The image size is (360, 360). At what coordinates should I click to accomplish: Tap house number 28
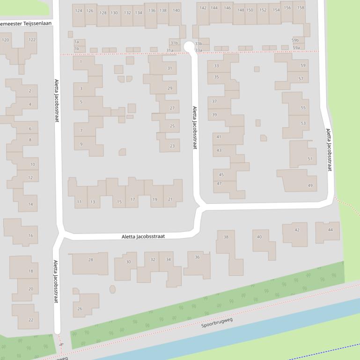point(90,260)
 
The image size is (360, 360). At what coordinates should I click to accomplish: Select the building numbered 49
point(310,186)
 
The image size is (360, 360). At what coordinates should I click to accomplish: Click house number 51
point(309,159)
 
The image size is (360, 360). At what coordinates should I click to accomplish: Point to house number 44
point(331,230)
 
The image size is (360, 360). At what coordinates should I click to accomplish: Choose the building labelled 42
point(297,230)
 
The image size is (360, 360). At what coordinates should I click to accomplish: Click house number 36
point(197,257)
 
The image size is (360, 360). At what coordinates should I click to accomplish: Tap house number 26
point(80,309)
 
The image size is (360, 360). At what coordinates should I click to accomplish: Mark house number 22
point(31,320)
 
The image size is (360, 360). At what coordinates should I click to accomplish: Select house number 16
point(30,236)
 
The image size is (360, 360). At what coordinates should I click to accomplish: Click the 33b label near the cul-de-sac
point(198,43)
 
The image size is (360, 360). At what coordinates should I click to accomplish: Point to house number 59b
point(295,40)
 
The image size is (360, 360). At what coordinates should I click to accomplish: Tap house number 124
point(78,11)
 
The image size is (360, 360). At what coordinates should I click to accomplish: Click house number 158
point(301,8)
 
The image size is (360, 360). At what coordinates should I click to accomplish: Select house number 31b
point(174,43)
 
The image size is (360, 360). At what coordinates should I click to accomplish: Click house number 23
point(172,146)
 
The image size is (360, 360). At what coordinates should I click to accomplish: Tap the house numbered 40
point(259,237)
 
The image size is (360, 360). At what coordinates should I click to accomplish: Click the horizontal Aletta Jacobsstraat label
point(143,237)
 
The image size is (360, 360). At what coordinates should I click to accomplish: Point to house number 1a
point(76,42)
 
